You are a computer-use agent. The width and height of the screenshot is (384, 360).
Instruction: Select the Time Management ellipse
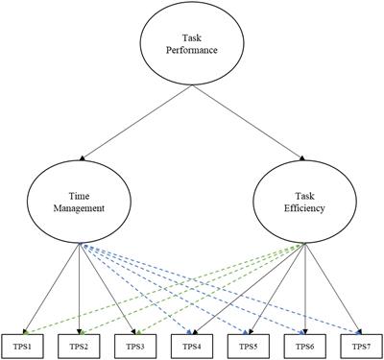pyautogui.click(x=80, y=197)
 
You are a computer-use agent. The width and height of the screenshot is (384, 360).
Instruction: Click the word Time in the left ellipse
pyautogui.click(x=80, y=190)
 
